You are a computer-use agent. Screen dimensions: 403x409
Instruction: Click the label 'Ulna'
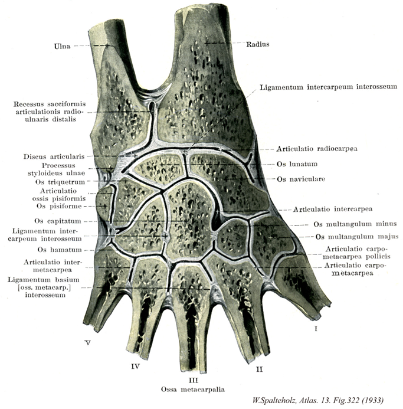tap(62, 46)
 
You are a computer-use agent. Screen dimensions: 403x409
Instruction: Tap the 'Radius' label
tap(258, 44)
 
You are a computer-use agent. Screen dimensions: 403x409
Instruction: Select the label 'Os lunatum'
tap(297, 164)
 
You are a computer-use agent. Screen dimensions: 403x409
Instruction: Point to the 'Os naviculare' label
tap(301, 179)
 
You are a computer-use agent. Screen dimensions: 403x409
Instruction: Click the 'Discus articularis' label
tap(54, 156)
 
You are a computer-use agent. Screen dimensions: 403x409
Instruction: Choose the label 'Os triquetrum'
tap(60, 182)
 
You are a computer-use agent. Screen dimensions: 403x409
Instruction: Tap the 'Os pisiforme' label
tap(59, 206)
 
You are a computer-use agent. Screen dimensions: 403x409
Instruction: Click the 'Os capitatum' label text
tap(58, 221)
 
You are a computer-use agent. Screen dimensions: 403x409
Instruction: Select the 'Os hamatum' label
tap(60, 250)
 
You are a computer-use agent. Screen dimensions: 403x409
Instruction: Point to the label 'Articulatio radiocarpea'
tap(317, 149)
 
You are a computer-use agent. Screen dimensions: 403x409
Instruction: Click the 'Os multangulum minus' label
tap(355, 224)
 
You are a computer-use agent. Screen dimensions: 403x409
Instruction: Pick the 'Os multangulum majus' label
tap(357, 237)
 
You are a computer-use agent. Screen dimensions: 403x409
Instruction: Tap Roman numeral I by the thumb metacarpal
tap(316, 329)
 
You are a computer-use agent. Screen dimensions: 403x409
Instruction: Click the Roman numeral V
tap(88, 343)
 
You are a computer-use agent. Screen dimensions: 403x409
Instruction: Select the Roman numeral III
tap(193, 380)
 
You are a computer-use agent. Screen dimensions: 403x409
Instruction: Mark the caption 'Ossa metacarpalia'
tap(193, 390)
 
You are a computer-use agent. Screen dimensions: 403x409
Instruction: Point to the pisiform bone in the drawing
tap(104, 204)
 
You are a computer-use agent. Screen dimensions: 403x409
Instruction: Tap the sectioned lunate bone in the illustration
tap(160, 169)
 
